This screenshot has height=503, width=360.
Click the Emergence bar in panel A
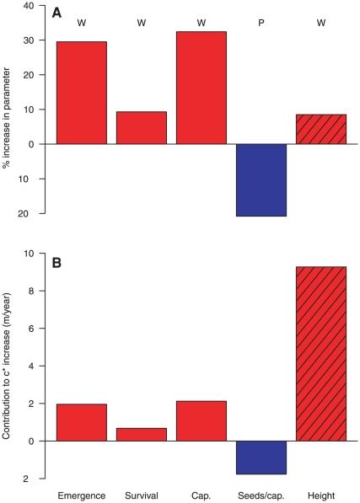82,93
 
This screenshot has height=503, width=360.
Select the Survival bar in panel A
142,127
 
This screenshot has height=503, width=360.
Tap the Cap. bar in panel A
201,88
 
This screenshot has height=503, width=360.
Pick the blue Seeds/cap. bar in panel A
261,179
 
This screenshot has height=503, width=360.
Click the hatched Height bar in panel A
321,129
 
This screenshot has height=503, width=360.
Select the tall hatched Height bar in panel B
321,354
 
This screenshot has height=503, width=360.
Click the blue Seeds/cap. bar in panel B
261,457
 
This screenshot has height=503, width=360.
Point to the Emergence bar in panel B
82,422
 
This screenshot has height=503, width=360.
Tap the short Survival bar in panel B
142,434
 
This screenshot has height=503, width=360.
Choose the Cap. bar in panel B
201,420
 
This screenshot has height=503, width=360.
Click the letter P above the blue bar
261,22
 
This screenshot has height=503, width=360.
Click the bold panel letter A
56,14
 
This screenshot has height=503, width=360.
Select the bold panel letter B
56,262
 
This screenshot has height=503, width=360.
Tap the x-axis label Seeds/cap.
261,495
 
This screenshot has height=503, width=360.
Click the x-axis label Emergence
82,495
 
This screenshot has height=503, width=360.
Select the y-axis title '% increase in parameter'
8,110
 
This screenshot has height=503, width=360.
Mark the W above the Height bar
321,22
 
